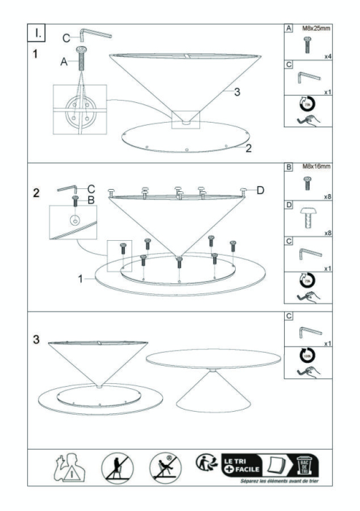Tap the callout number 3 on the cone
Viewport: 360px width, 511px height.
point(236,92)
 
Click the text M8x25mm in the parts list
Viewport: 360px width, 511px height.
point(315,28)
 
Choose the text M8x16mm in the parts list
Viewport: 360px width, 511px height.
point(315,166)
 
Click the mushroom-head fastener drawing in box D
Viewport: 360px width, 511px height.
point(307,216)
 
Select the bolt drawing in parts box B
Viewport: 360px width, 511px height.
point(307,182)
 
